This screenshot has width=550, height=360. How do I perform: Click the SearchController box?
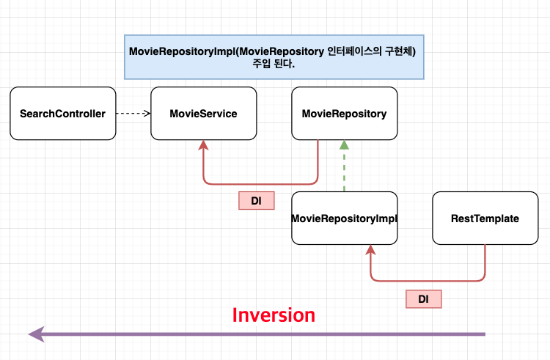63,113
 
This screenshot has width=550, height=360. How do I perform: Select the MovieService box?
203,113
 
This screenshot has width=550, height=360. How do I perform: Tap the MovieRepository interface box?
345,113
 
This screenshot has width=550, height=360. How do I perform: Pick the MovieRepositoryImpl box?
345,218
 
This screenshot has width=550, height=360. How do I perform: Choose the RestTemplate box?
485,218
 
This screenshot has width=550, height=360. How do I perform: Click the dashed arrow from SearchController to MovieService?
133,113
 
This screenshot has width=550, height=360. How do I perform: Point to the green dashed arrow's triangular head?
344,144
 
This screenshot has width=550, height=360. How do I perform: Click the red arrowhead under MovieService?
203,145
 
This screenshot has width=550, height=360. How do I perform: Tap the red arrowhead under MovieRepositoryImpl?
370,249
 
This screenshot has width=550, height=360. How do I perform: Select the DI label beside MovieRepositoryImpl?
257,200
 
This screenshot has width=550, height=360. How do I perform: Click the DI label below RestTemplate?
423,299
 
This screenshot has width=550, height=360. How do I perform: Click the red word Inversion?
274,315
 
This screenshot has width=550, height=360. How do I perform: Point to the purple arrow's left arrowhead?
37,334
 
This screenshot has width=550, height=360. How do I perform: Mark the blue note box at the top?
274,57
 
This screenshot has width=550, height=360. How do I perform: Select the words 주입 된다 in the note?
273,64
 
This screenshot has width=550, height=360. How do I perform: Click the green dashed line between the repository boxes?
344,170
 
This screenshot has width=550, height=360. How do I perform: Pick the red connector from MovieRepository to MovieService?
260,183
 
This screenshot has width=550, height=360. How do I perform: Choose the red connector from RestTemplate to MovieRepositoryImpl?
428,280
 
